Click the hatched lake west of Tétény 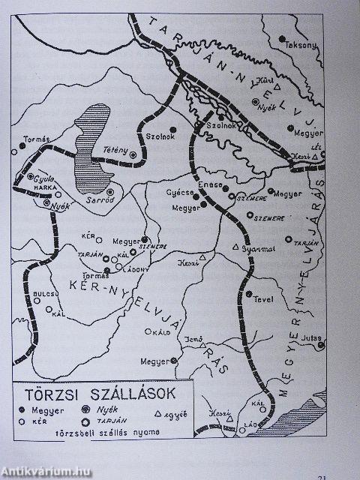tap(93, 139)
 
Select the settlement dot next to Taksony tap(281, 38)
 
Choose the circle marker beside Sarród tap(110, 192)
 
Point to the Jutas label tap(309, 339)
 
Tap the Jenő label tap(194, 340)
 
